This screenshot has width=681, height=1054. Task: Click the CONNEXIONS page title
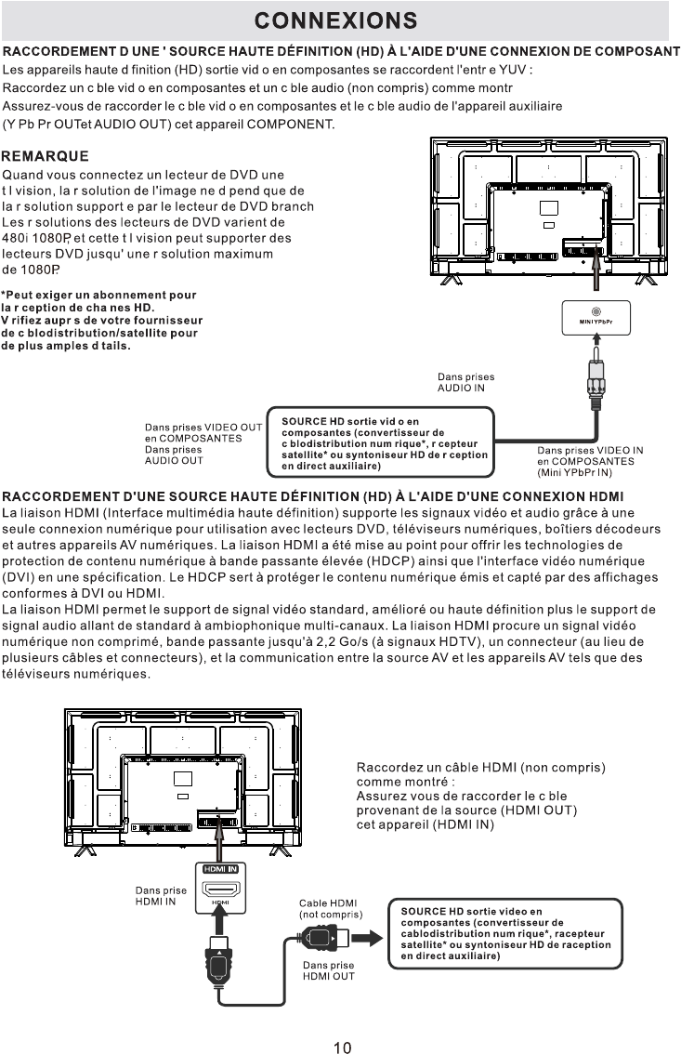(x=335, y=20)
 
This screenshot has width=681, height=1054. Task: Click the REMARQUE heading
(x=46, y=156)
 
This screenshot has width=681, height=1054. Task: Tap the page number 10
(x=342, y=1047)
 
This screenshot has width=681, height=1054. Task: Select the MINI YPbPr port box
(x=596, y=318)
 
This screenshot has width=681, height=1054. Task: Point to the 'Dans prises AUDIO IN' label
(x=465, y=382)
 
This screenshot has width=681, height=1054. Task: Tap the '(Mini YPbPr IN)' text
(x=576, y=471)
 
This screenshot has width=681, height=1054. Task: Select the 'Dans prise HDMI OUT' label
(x=328, y=970)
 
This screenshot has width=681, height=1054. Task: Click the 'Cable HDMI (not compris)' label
(x=330, y=908)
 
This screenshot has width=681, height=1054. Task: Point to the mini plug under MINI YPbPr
(x=595, y=376)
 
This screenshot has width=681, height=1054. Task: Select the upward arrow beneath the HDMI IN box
(x=219, y=920)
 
